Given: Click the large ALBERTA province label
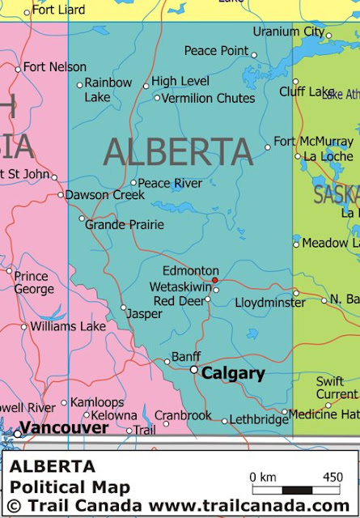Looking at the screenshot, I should tap(178, 152).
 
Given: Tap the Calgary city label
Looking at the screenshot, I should tap(233, 373).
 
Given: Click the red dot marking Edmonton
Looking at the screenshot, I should tap(215, 281).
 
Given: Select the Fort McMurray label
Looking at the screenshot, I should tap(314, 142).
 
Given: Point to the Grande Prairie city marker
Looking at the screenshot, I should tap(82, 219).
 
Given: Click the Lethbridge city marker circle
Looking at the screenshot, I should tap(225, 421).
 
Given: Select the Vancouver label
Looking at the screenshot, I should tap(64, 427).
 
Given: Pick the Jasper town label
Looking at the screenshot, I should tap(145, 313).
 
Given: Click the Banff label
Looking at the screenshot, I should tap(186, 357).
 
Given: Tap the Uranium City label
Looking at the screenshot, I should tap(288, 32).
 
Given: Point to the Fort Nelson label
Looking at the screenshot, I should tap(55, 67).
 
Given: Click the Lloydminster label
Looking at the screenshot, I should tap(270, 303).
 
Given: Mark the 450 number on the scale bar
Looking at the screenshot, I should tap(332, 477).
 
